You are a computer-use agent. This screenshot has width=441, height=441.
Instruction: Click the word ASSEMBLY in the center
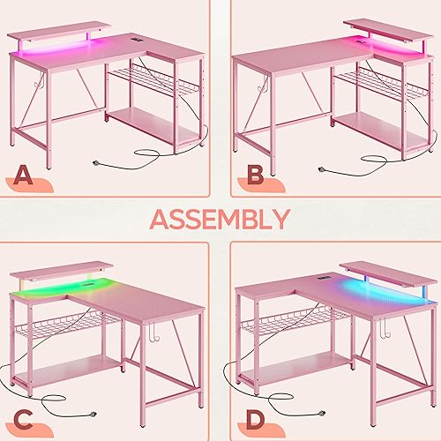coord(220,219)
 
